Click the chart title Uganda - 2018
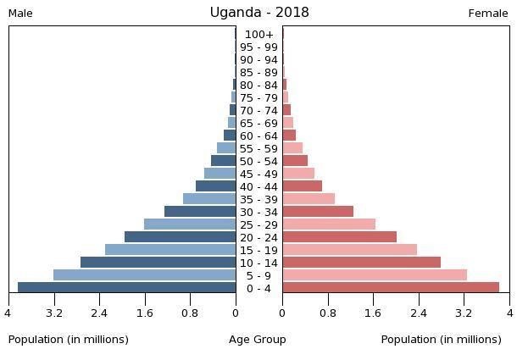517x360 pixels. [x=259, y=13]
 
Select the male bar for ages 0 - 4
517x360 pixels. [x=127, y=287]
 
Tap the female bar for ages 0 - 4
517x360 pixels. [x=391, y=287]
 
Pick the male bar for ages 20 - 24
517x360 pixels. [x=181, y=236]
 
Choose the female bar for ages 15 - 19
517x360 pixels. [x=350, y=249]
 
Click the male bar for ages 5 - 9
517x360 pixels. [x=145, y=274]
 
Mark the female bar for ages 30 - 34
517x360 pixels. [x=318, y=211]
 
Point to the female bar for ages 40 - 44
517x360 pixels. [x=303, y=186]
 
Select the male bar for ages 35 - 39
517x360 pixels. [x=209, y=198]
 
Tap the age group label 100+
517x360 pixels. [x=259, y=35]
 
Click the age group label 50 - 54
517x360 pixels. [x=259, y=161]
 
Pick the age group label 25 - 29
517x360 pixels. [x=259, y=224]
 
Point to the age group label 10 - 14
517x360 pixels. [x=259, y=263]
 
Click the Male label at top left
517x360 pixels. [x=20, y=14]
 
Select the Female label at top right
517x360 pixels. [x=488, y=14]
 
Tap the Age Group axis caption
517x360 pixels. [x=258, y=340]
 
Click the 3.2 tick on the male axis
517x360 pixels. [x=54, y=313]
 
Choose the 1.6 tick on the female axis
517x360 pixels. [x=373, y=313]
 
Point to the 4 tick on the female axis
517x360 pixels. [x=509, y=313]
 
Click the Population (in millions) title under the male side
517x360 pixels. [x=69, y=340]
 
